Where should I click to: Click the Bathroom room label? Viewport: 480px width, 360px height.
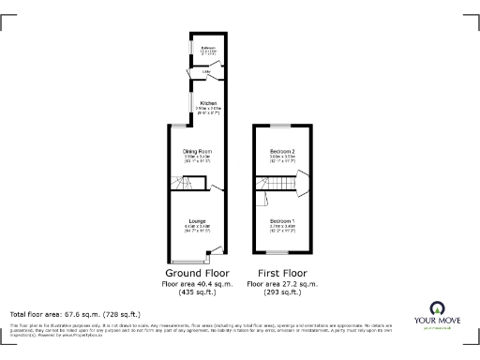click(202, 47)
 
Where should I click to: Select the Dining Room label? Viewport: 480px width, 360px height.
click(197, 151)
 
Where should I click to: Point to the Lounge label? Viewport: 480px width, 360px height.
click(196, 221)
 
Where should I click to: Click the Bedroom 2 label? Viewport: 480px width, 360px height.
click(282, 151)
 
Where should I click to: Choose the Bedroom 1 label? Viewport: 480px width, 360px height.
click(282, 221)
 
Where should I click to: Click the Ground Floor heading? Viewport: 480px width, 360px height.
click(198, 273)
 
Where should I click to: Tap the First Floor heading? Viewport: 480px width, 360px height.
click(282, 273)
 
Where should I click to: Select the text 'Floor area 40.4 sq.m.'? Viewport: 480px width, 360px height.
click(198, 283)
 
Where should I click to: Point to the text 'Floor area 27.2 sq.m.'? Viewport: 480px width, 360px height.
click(282, 283)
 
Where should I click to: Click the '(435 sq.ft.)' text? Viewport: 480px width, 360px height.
click(198, 292)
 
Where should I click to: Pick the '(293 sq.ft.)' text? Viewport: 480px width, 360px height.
click(282, 292)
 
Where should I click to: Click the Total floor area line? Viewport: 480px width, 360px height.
click(75, 314)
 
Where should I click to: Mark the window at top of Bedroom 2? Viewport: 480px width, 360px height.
click(281, 125)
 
